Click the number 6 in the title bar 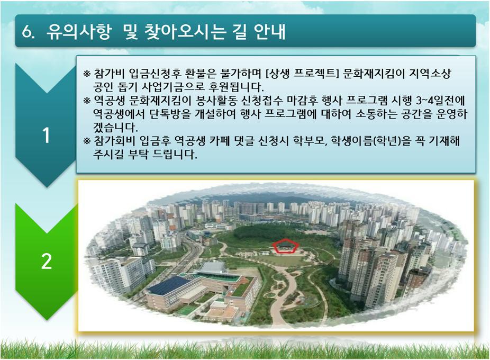click(26, 32)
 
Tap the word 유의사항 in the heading click(79, 32)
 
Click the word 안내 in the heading click(270, 32)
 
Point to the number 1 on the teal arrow click(46, 136)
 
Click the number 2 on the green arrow click(46, 261)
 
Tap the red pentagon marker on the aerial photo click(285, 246)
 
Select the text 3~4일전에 click(441, 101)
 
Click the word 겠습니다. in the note click(115, 127)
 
